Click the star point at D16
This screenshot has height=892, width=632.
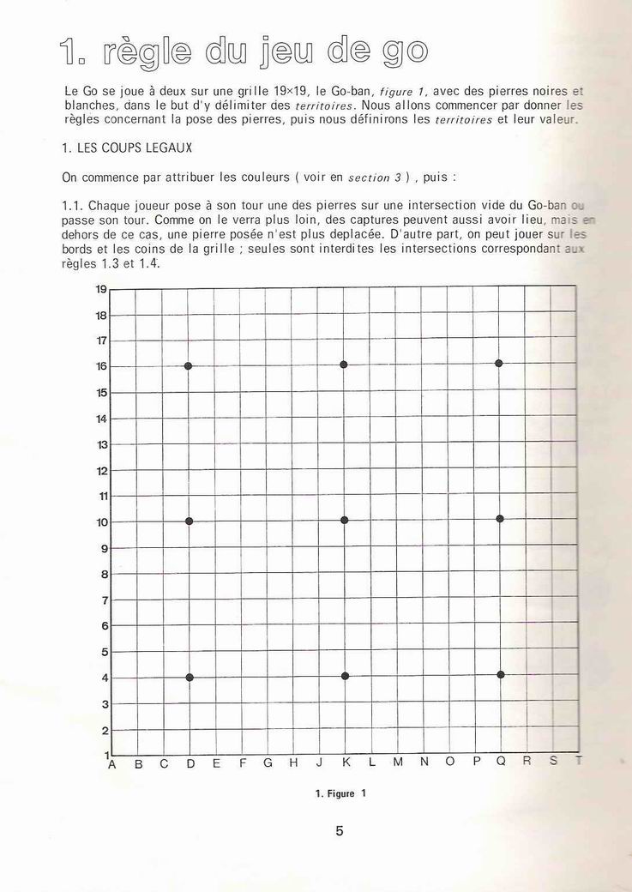tap(188, 366)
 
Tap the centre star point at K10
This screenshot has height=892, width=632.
tap(344, 520)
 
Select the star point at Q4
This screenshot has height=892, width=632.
tap(500, 674)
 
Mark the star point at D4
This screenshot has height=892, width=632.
tap(189, 678)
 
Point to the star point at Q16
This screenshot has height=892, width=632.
tap(498, 364)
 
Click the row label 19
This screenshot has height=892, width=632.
tap(101, 289)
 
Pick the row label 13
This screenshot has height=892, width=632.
tap(102, 444)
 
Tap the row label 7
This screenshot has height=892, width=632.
tap(104, 600)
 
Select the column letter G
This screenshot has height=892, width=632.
tap(268, 762)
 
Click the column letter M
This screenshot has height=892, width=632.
tap(398, 762)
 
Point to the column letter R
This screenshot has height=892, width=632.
tap(527, 760)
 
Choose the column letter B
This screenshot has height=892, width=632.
tap(138, 763)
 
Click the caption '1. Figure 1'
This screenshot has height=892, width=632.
tap(340, 793)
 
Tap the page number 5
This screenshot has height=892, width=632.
tap(340, 830)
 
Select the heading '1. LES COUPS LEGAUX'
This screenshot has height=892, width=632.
tap(127, 148)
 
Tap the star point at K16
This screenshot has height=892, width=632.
tap(343, 365)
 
